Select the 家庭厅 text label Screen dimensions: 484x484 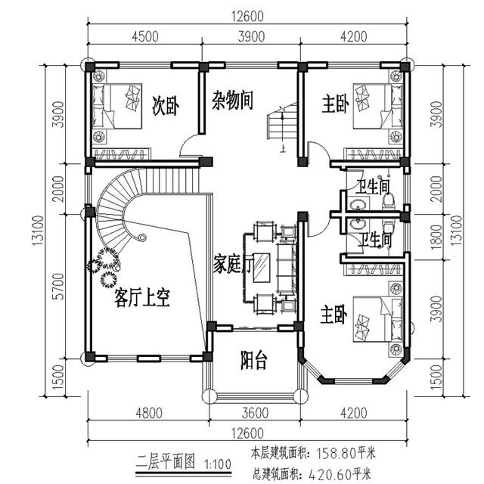pyautogui.click(x=231, y=264)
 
